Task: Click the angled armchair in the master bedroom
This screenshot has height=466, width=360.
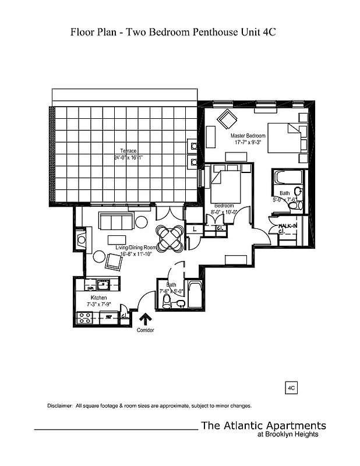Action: [x=225, y=120]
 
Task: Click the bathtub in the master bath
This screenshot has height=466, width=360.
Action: [x=288, y=176]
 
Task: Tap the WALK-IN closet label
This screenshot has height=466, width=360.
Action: [x=288, y=225]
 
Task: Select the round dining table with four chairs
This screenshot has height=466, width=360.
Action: [x=171, y=237]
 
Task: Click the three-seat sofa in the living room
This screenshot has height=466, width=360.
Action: [x=115, y=221]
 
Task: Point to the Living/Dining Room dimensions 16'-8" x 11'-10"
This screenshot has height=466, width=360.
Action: [x=124, y=254]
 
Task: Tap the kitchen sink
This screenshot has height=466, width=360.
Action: [x=103, y=285]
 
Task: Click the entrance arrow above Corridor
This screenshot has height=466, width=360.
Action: [x=144, y=318]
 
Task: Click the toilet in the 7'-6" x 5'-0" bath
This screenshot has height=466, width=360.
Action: [x=167, y=301]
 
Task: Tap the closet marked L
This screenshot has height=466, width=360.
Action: [x=195, y=230]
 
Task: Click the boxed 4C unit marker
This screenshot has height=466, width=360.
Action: [x=292, y=386]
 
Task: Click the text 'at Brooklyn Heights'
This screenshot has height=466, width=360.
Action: [x=287, y=434]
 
